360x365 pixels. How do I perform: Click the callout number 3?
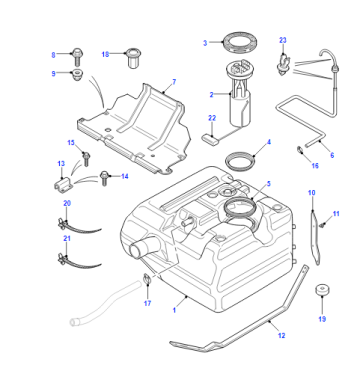click(x=205, y=43)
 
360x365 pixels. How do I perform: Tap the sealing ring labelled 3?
click(x=241, y=42)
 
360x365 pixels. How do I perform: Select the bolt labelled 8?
click(x=77, y=56)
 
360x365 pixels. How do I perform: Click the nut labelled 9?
click(x=77, y=75)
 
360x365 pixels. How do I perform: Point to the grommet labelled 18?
click(x=132, y=57)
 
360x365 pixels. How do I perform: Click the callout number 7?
click(x=174, y=82)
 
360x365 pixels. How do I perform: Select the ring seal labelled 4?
click(x=241, y=161)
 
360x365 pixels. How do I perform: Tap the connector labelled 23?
click(x=283, y=64)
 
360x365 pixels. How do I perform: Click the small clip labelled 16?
click(x=300, y=150)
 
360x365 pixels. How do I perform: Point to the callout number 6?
click(x=332, y=155)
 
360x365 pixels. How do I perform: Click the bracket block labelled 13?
click(x=62, y=185)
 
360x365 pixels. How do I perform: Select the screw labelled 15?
click(x=86, y=158)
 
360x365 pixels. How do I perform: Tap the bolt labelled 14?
click(x=104, y=178)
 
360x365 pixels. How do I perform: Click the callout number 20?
click(x=67, y=203)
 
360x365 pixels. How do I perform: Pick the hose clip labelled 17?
click(x=147, y=279)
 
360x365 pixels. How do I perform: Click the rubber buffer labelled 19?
click(x=322, y=291)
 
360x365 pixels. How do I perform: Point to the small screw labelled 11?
click(x=322, y=225)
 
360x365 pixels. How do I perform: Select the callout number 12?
click(x=282, y=335)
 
